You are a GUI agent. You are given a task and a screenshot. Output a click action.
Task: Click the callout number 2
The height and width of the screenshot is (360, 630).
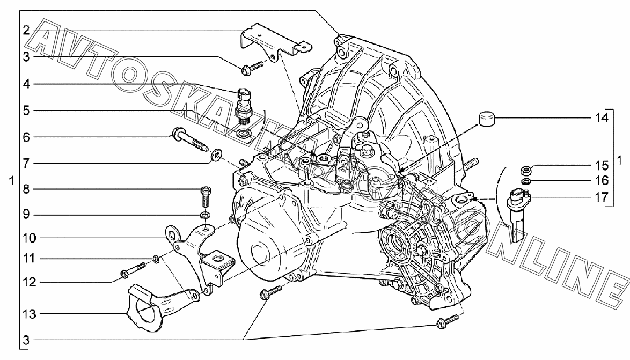tap(26, 30)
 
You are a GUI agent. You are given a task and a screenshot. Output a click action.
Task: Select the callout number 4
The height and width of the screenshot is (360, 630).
tap(26, 84)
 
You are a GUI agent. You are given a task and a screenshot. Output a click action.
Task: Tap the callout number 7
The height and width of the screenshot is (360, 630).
tap(26, 164)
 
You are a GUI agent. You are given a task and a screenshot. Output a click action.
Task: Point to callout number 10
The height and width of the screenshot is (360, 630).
tap(30, 238)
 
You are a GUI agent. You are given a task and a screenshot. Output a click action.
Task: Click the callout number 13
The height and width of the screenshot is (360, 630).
tap(30, 314)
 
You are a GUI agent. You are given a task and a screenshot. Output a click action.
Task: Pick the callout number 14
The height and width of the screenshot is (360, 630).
tap(602, 118)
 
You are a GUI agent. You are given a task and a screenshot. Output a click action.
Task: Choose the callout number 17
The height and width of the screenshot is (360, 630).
tap(602, 197)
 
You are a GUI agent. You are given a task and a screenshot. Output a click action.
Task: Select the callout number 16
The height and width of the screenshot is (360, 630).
tap(602, 180)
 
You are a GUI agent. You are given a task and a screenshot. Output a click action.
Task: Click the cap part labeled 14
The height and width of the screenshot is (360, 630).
tap(486, 119)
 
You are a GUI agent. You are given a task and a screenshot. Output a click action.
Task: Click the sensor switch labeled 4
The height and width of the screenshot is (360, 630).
tap(245, 105)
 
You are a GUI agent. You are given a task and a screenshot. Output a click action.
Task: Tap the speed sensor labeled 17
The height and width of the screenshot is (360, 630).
tap(519, 213)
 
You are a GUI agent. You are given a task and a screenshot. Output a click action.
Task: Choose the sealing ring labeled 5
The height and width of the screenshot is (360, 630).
tap(243, 133)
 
